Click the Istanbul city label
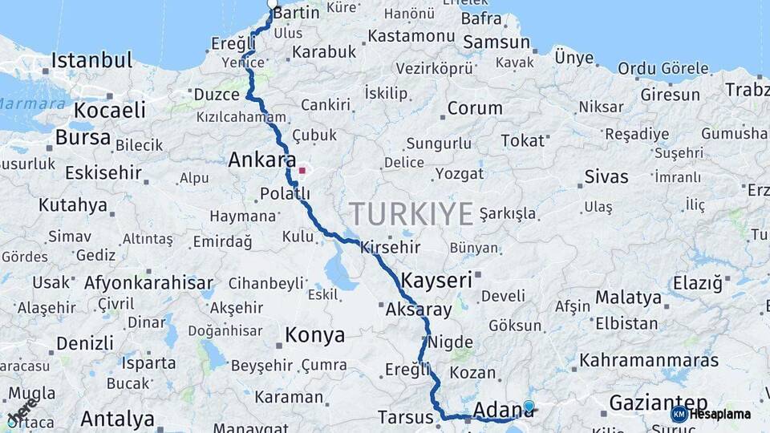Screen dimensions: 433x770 pyautogui.click(x=91, y=60)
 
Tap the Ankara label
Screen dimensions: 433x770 pyautogui.click(x=261, y=160)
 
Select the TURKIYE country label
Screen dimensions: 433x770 pyautogui.click(x=411, y=214)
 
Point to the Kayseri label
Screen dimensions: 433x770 pyautogui.click(x=436, y=281)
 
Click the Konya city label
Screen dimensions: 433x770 pyautogui.click(x=315, y=334)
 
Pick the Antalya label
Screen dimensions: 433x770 pyautogui.click(x=117, y=419)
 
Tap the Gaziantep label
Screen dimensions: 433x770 pyautogui.click(x=658, y=402)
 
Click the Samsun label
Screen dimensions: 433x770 pyautogui.click(x=496, y=42)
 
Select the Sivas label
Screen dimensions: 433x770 pyautogui.click(x=606, y=176)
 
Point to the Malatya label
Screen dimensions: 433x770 pyautogui.click(x=628, y=297)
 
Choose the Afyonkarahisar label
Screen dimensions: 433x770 pyautogui.click(x=148, y=283)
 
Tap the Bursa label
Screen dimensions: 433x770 pyautogui.click(x=83, y=138)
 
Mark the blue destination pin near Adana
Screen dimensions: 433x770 pyautogui.click(x=529, y=407)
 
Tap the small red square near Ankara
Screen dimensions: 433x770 pyautogui.click(x=302, y=170)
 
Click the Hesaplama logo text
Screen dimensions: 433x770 pyautogui.click(x=719, y=415)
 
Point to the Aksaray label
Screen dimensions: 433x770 pyautogui.click(x=419, y=309)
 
